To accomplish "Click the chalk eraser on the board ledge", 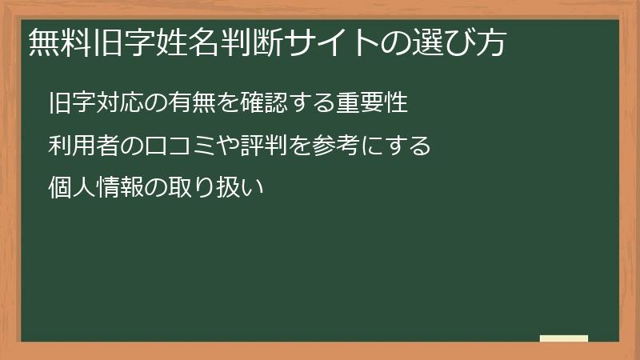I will click(563, 339).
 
